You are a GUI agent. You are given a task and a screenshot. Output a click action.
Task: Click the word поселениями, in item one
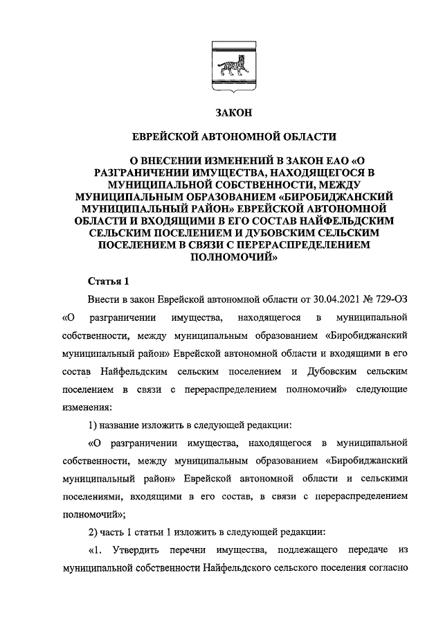89,497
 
